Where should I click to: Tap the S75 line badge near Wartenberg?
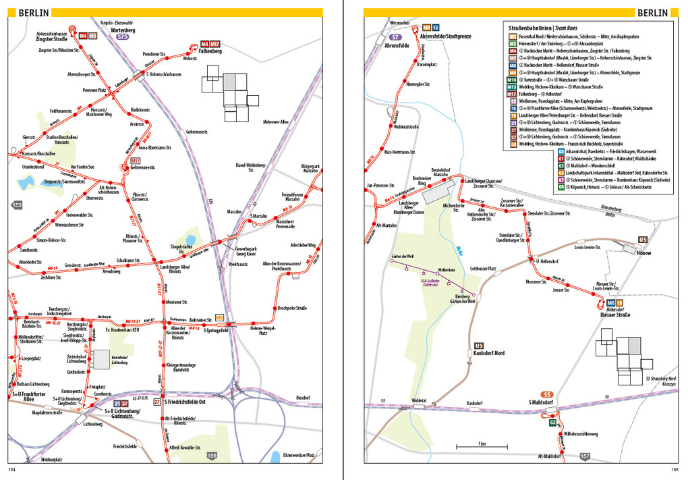[x=123, y=38]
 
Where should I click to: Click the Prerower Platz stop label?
[x=95, y=90]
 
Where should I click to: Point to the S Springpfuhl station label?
[x=217, y=331]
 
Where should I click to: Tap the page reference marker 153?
[x=16, y=205]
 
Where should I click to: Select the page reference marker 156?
[x=212, y=456]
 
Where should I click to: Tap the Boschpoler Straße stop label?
[x=292, y=309]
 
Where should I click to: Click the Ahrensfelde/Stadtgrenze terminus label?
[x=446, y=36]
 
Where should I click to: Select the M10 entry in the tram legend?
[x=513, y=80]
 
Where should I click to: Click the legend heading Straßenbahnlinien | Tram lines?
[x=547, y=27]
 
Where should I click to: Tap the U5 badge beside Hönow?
[x=643, y=240]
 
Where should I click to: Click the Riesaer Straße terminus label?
[x=613, y=315]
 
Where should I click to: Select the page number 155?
[x=673, y=470]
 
